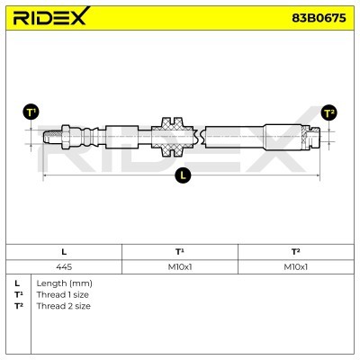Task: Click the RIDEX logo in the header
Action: [x=50, y=15]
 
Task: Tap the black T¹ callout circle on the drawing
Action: [x=31, y=112]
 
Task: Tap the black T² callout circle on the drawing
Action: [x=329, y=112]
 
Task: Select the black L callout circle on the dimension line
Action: [x=184, y=176]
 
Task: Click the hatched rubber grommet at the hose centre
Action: [x=171, y=137]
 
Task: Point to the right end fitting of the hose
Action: [x=311, y=137]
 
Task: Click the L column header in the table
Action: [x=63, y=251]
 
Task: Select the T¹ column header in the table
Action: [x=179, y=251]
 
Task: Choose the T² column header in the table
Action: [x=296, y=251]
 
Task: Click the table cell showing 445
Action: [x=63, y=265]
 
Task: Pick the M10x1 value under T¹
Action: [x=179, y=265]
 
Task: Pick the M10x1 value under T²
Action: [x=296, y=265]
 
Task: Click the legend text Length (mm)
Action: [x=64, y=283]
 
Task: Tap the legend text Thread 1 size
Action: [x=62, y=294]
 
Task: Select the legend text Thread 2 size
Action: [x=62, y=306]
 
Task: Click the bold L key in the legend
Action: [x=17, y=283]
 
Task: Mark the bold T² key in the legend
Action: [x=18, y=306]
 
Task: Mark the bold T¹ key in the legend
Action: [x=18, y=294]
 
